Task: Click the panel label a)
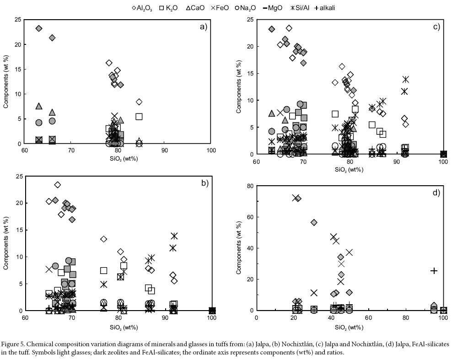pos(204,27)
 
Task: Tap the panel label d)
pos(435,193)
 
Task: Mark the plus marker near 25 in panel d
pos(434,271)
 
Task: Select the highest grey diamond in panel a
pos(39,28)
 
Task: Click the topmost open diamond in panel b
pos(58,185)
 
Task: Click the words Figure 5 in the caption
pos(16,343)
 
